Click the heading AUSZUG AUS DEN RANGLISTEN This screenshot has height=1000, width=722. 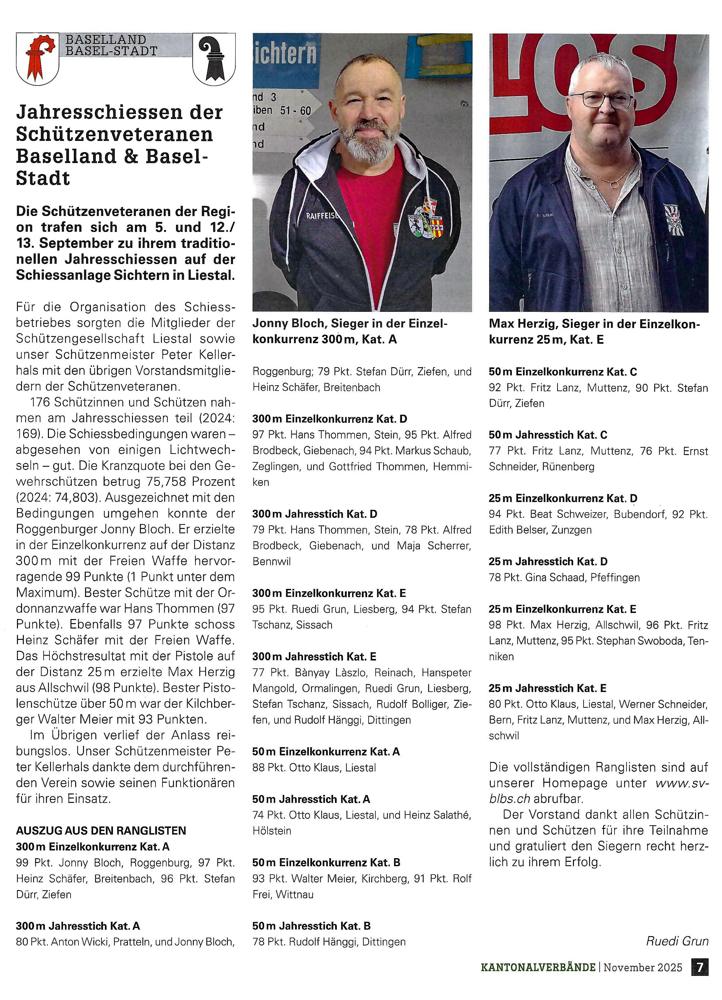point(101,831)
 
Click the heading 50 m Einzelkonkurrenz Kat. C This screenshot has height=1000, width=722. point(562,372)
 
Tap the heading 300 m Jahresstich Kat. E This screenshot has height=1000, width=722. point(314,657)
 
